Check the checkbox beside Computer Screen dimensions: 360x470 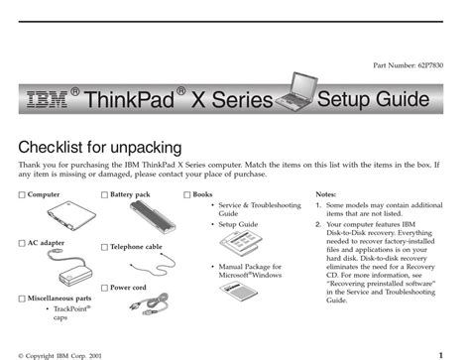click(x=22, y=195)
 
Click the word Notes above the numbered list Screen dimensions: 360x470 click(x=325, y=194)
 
